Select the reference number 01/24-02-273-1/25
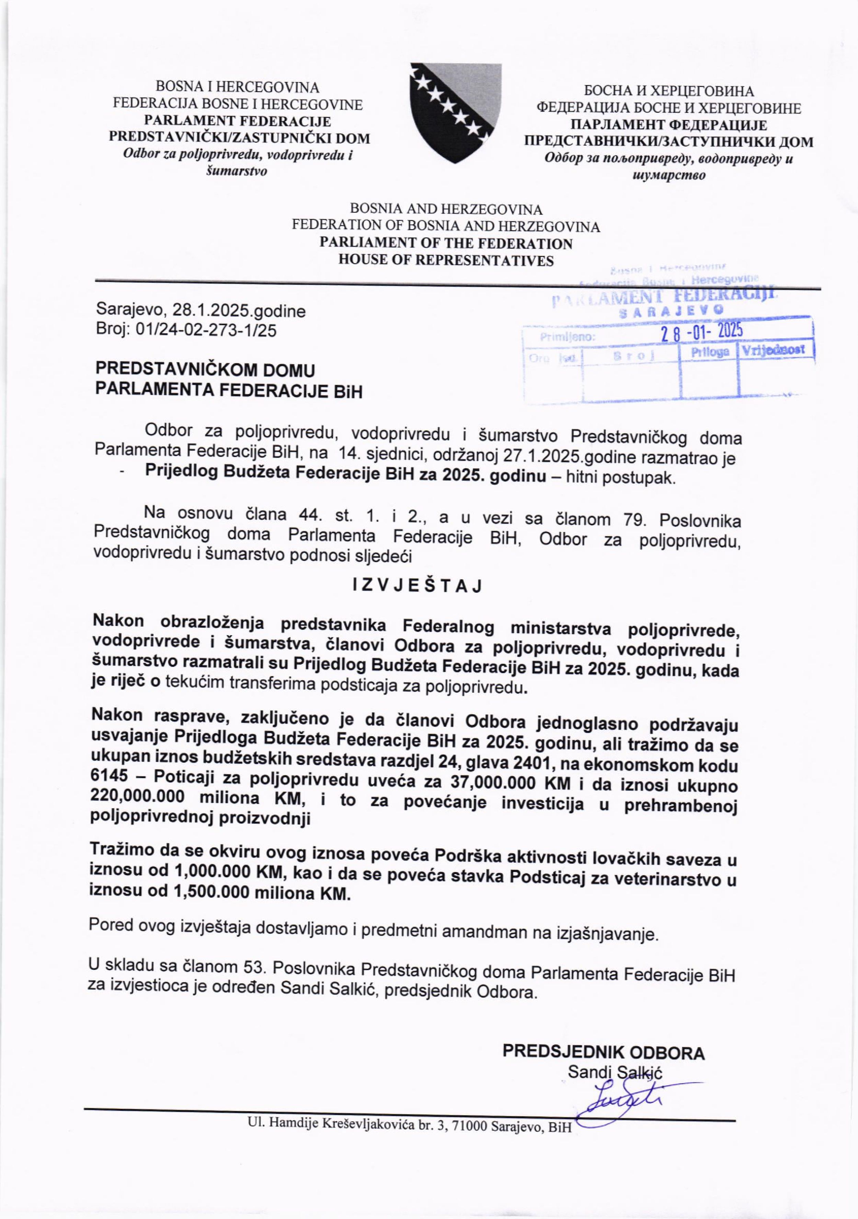(x=207, y=330)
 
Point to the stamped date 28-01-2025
(x=701, y=332)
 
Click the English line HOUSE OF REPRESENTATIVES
(x=446, y=260)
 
